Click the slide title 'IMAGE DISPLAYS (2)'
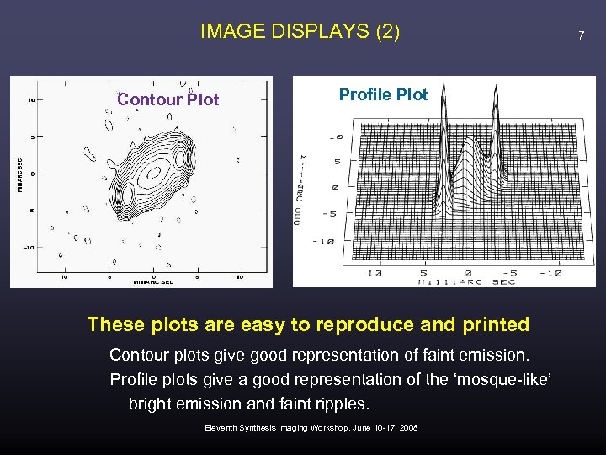point(300,32)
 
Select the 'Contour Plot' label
point(167,99)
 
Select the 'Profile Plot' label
point(383,94)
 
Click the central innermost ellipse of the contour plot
point(153,173)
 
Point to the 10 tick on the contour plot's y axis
point(30,99)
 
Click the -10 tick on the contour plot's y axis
point(29,247)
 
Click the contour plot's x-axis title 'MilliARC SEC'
point(152,283)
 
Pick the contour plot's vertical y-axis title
point(20,174)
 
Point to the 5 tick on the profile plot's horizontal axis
point(423,273)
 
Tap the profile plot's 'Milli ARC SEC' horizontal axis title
point(468,281)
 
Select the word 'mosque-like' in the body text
point(506,379)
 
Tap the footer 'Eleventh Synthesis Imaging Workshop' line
point(311,428)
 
